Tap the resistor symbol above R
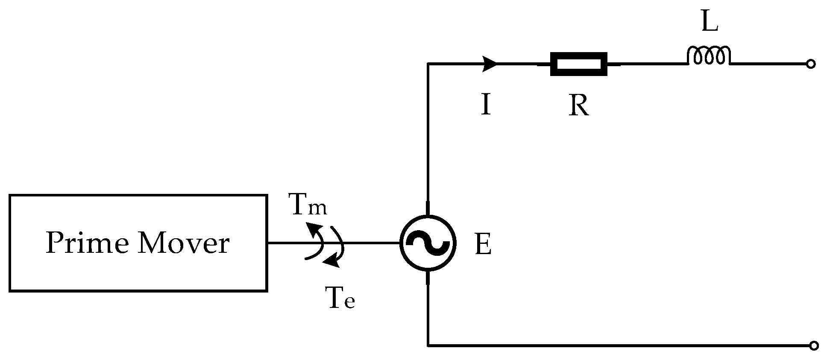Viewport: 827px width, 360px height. [x=578, y=64]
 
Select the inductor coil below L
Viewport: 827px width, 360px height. [x=709, y=56]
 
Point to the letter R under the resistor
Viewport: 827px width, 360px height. [x=579, y=105]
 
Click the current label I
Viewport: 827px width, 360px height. [x=486, y=105]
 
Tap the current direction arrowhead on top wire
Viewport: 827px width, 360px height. [x=490, y=64]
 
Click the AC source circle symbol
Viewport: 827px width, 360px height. [x=428, y=243]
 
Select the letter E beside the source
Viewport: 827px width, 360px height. [x=483, y=246]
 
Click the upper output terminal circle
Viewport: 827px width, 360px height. [x=810, y=64]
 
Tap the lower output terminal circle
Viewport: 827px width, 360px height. [x=814, y=345]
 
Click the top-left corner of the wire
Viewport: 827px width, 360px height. [x=428, y=64]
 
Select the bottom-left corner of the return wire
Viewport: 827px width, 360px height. [x=428, y=345]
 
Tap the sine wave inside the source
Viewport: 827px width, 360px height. [x=428, y=243]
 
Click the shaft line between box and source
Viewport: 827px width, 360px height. [x=372, y=243]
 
